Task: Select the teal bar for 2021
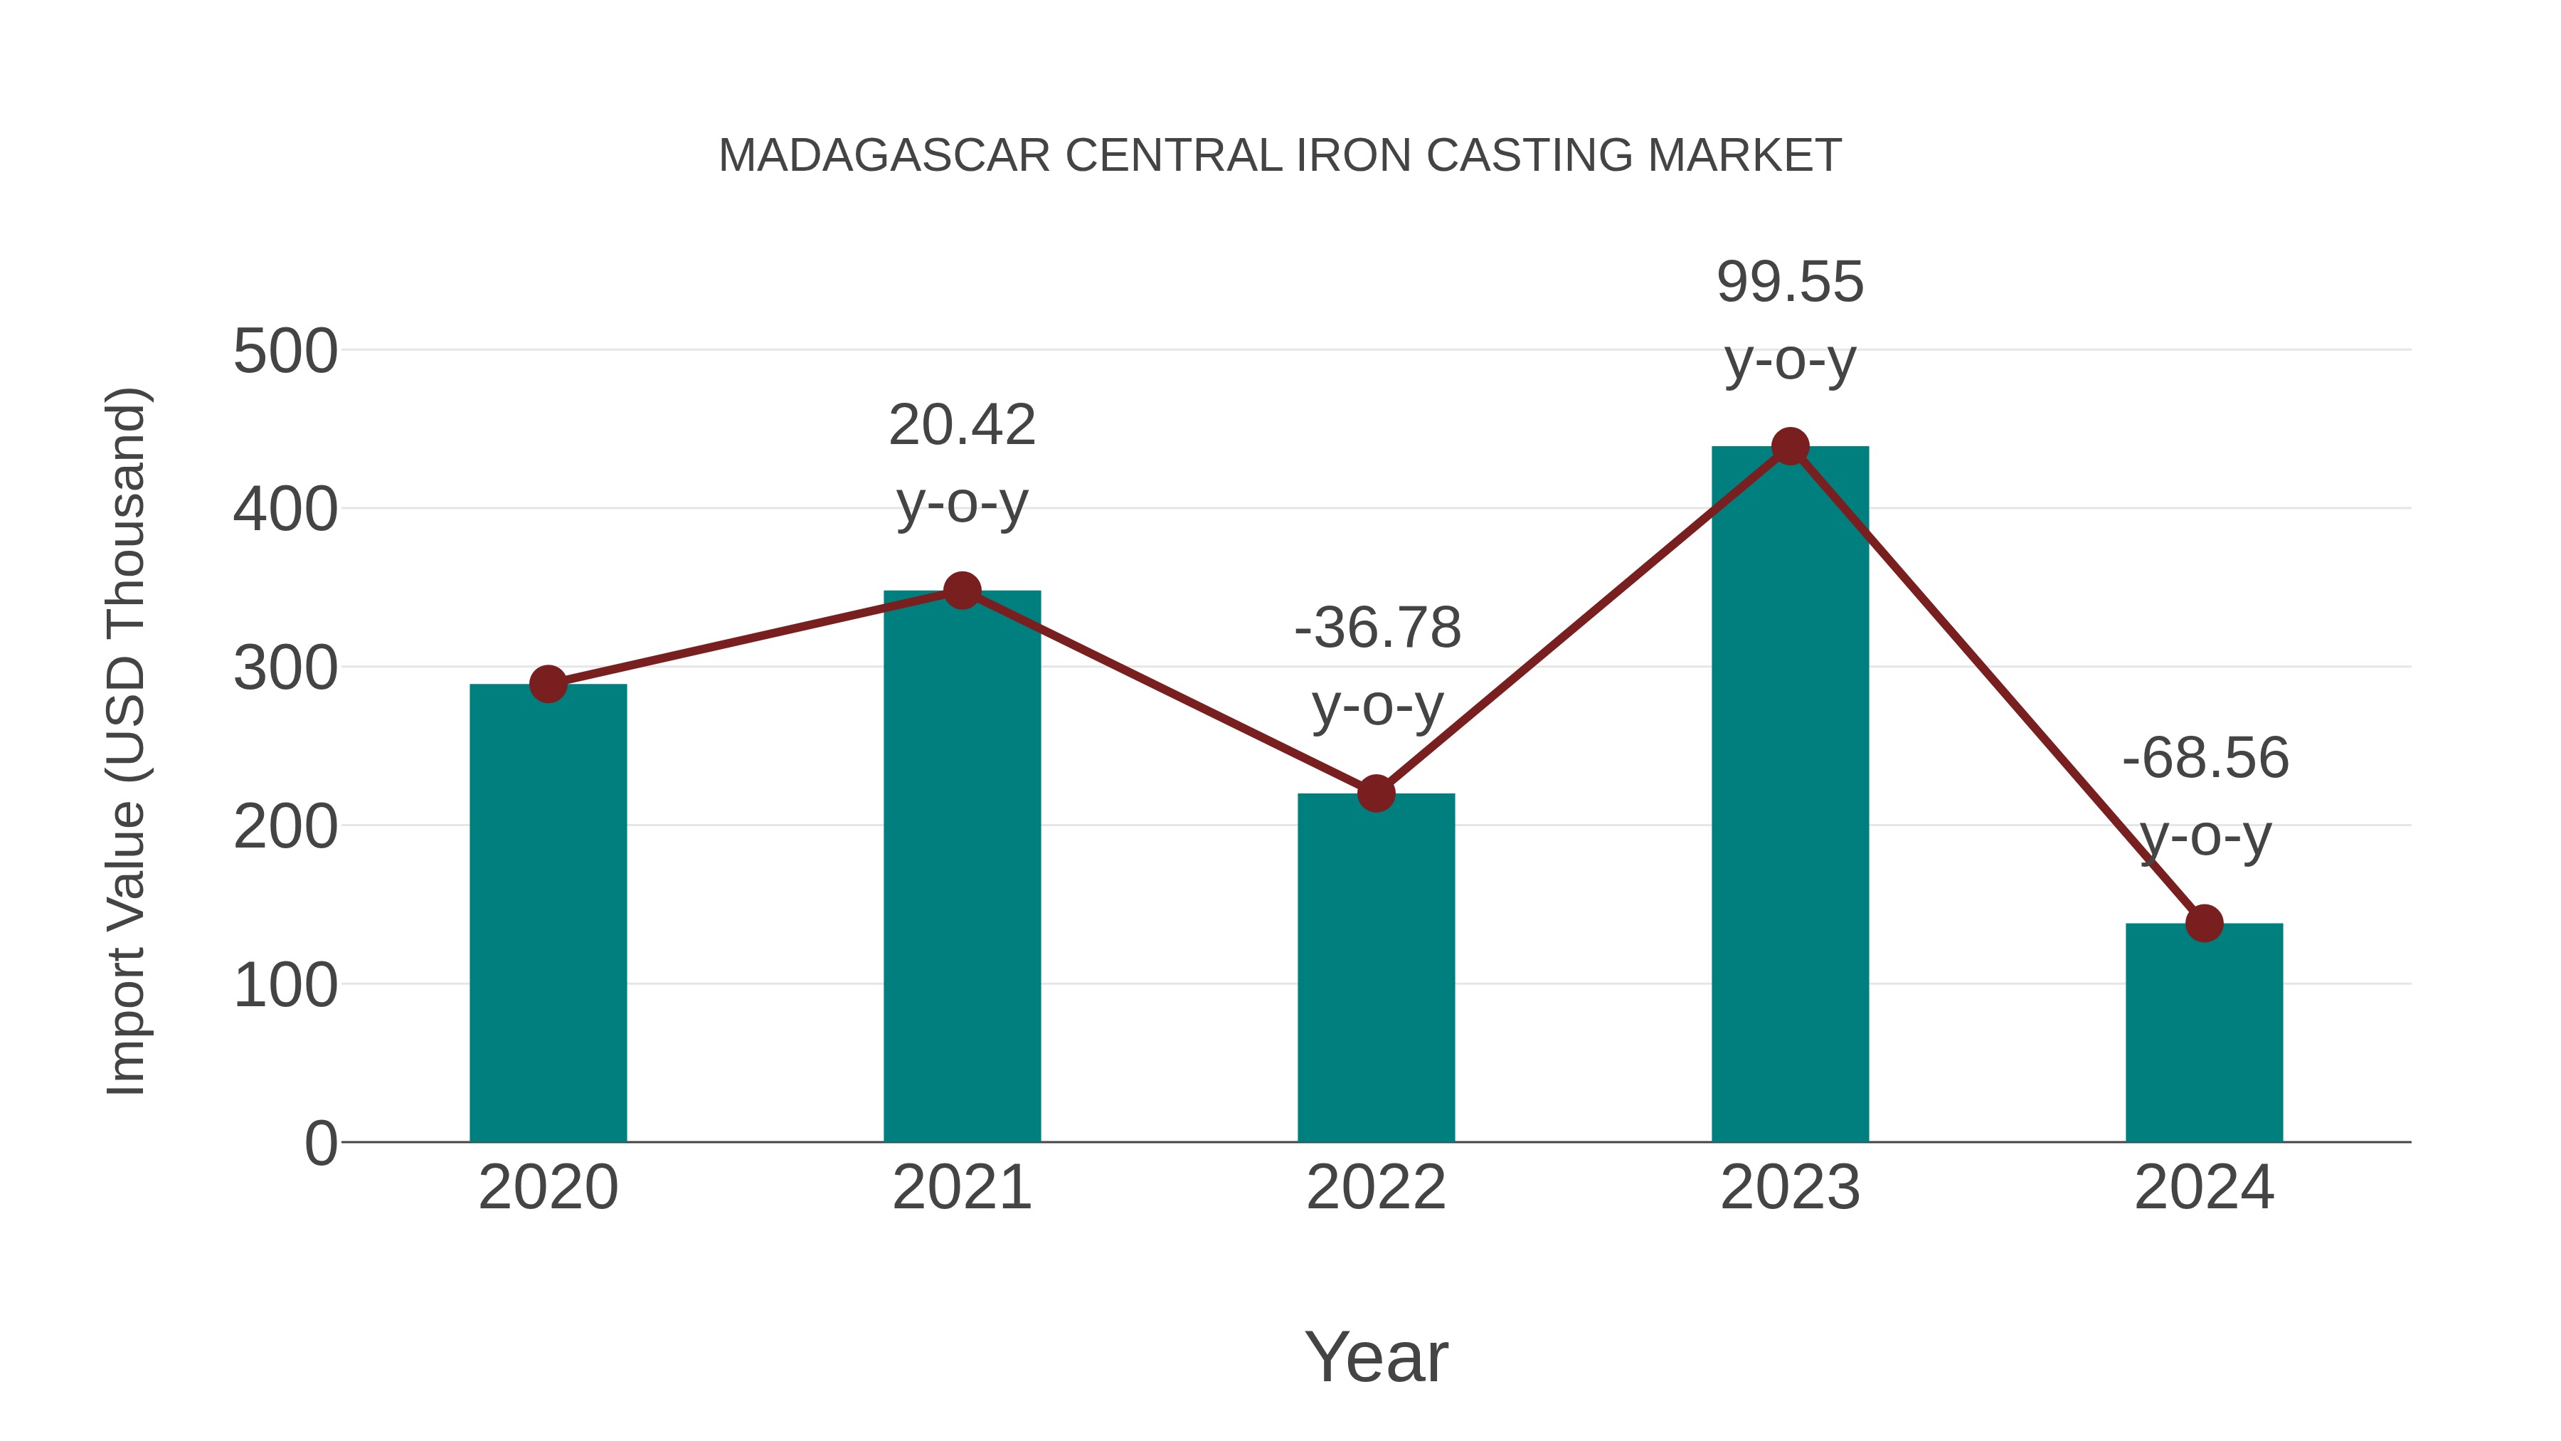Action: [x=961, y=865]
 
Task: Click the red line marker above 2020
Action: [x=548, y=684]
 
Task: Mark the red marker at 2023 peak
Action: [x=1790, y=446]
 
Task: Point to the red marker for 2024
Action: [x=2204, y=923]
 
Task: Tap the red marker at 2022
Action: [x=1376, y=793]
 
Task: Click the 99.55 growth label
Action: [x=1790, y=283]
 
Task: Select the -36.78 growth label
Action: [x=1377, y=628]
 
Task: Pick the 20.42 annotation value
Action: [x=961, y=426]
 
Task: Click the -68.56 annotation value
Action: [x=2205, y=759]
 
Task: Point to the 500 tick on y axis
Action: [x=285, y=352]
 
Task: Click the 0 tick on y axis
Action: [x=320, y=1144]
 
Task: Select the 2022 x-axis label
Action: [x=1376, y=1188]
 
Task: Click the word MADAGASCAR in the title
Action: [x=884, y=156]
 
